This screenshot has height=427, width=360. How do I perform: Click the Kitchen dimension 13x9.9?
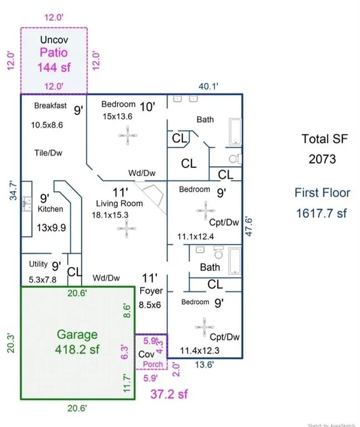[52, 227]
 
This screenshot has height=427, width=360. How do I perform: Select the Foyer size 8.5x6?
[149, 305]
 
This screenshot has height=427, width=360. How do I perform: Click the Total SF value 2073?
[323, 159]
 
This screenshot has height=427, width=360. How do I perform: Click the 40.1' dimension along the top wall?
[209, 86]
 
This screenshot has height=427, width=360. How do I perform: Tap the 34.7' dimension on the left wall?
[12, 188]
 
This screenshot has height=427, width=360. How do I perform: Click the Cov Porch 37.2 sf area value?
[169, 394]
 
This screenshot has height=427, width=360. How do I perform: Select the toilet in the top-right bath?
[234, 158]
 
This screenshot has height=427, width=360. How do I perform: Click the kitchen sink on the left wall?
[26, 205]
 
